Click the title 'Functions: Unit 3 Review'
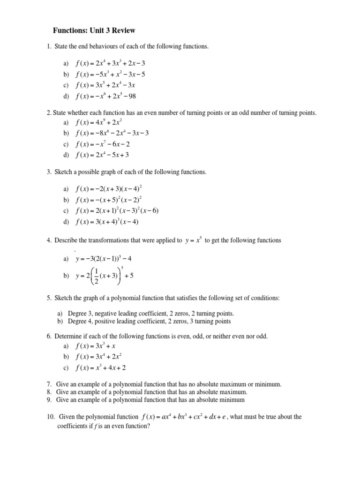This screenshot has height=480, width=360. pos(94,30)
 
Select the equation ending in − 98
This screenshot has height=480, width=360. pos(105,97)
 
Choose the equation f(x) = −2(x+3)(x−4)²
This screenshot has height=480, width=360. pos(108,188)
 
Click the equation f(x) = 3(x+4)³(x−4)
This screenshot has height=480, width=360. pos(107,222)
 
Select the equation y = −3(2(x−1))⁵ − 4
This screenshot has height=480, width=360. pos(107,258)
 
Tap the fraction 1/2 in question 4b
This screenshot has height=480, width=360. pos(96,276)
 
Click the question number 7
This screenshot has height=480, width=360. pos(49,384)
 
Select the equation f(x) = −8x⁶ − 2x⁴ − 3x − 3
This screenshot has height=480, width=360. pos(112,133)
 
